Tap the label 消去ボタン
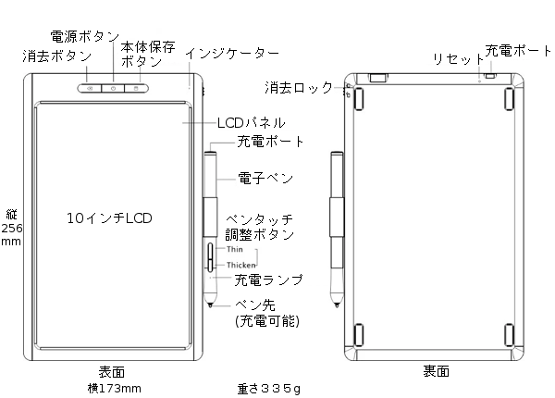tap(57, 56)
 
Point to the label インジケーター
tap(231, 53)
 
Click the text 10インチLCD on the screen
tap(109, 218)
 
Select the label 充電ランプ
tap(269, 279)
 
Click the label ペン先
tap(254, 304)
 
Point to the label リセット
tap(453, 59)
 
